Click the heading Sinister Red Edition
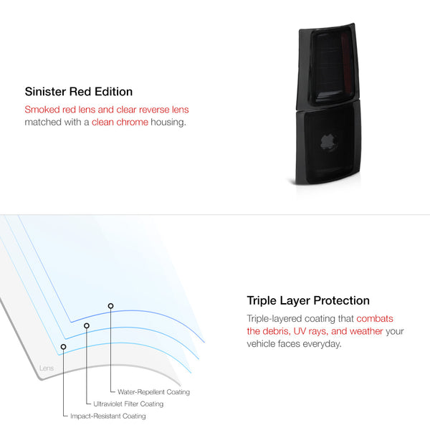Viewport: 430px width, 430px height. [79, 92]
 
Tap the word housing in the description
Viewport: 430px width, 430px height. [168, 123]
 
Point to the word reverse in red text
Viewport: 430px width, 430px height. [154, 110]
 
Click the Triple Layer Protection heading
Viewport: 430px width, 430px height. [308, 300]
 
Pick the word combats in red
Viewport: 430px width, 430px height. [375, 319]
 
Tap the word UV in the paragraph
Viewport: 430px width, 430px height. [300, 331]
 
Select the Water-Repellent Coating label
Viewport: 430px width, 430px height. [153, 392]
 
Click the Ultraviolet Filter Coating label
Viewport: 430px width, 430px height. [128, 404]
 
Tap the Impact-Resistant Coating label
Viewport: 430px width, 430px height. [108, 416]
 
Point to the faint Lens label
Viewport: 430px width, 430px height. [47, 368]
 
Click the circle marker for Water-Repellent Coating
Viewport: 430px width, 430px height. [110, 306]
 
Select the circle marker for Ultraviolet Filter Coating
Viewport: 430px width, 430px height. [87, 325]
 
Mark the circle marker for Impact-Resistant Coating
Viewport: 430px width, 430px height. [63, 347]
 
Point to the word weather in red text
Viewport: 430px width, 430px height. [366, 331]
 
